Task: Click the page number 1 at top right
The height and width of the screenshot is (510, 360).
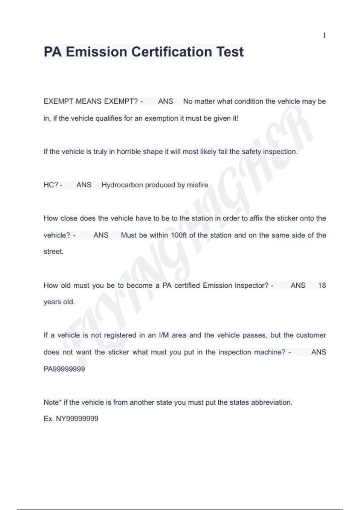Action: click(x=324, y=35)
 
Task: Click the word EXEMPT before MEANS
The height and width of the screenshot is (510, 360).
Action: click(x=58, y=101)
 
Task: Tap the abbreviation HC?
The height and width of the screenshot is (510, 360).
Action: click(x=51, y=185)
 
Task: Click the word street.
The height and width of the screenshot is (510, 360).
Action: click(x=53, y=252)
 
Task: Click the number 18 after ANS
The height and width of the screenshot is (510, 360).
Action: click(x=322, y=285)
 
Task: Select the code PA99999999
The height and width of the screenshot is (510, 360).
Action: click(x=64, y=369)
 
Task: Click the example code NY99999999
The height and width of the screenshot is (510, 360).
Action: click(x=77, y=419)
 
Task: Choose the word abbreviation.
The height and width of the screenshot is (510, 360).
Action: click(x=271, y=402)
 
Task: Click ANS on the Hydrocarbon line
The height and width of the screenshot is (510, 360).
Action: click(x=84, y=185)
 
